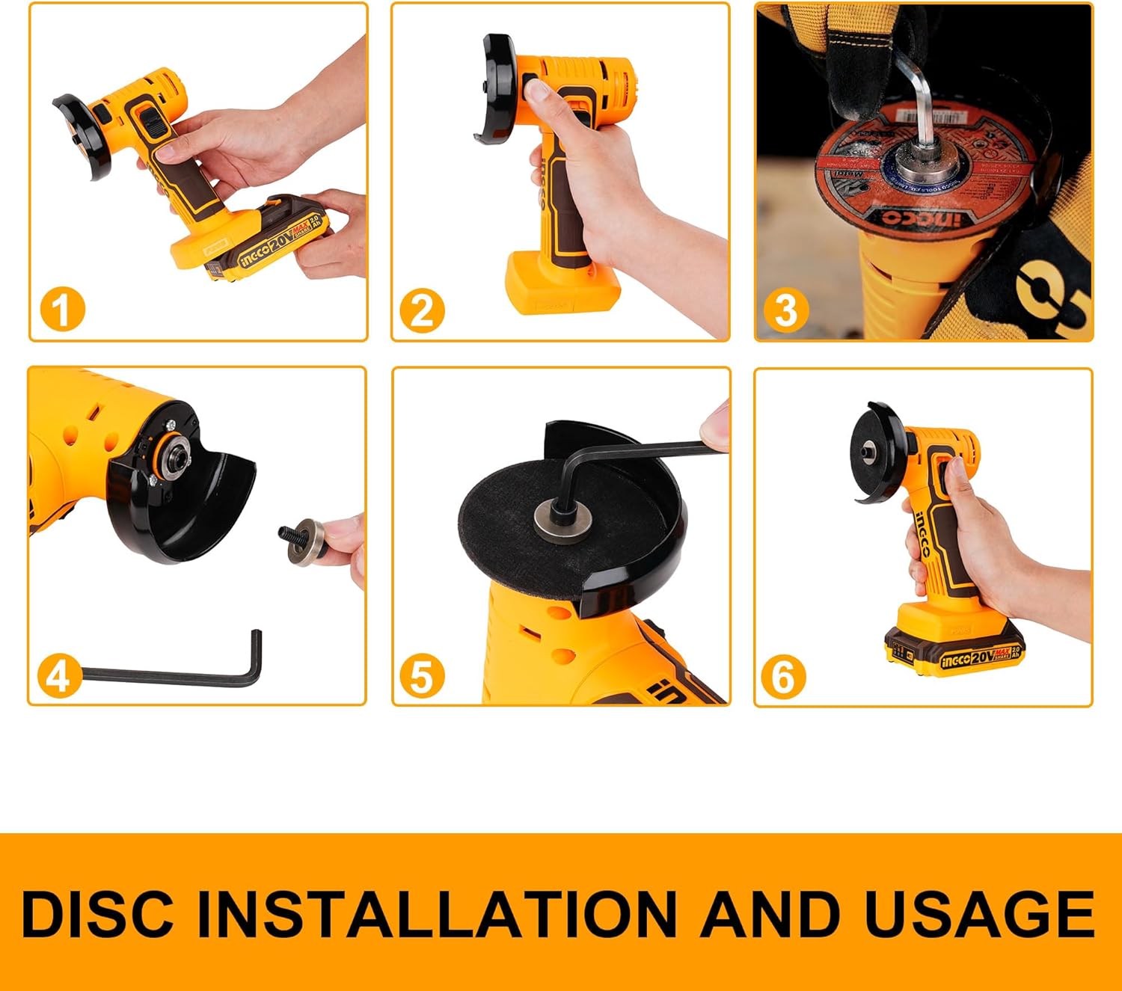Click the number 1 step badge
pos(62,310)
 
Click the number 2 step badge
pos(422,310)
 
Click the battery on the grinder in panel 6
pos(954,652)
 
